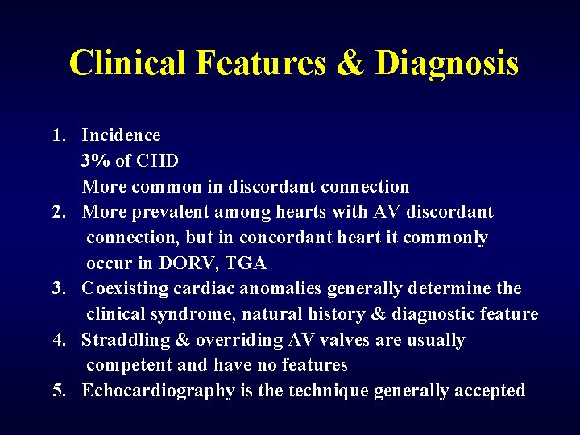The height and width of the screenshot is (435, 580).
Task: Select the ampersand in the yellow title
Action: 350,63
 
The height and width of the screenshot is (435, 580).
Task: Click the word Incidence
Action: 121,135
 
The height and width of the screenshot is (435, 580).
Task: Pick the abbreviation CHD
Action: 158,160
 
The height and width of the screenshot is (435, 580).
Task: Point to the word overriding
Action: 226,340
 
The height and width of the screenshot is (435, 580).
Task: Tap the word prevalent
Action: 159,212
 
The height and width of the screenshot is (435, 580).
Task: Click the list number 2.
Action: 58,212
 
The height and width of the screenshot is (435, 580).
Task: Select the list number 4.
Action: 58,340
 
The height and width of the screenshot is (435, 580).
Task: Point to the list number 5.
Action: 58,391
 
